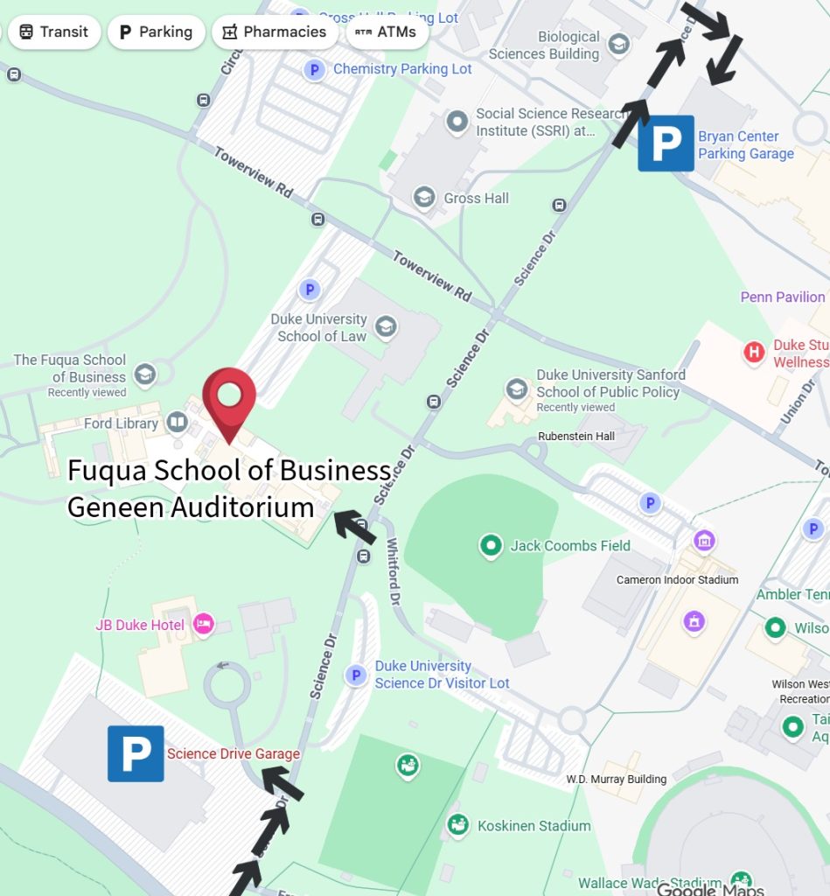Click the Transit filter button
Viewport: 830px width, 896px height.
coord(53,32)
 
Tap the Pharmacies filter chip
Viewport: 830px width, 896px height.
coord(275,32)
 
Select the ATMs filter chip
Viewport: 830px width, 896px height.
coord(387,32)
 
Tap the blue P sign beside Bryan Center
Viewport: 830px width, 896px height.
coord(666,143)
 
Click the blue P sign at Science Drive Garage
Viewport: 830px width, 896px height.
coord(136,753)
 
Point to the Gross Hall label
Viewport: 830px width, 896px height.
coord(476,198)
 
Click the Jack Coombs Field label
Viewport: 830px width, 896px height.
coord(570,546)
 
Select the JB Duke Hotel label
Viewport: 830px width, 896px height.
coord(140,626)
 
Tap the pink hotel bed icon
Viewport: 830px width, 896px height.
coord(203,624)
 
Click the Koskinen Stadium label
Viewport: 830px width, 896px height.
coord(534,826)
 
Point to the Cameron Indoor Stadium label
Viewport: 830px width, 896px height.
coord(677,579)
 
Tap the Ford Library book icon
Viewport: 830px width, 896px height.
coord(178,423)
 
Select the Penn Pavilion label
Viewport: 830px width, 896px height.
coord(783,297)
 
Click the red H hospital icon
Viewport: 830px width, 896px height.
coord(753,353)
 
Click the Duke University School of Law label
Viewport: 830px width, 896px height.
coord(318,328)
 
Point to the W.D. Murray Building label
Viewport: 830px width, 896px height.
coord(616,779)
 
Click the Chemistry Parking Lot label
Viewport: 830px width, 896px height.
coord(402,69)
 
